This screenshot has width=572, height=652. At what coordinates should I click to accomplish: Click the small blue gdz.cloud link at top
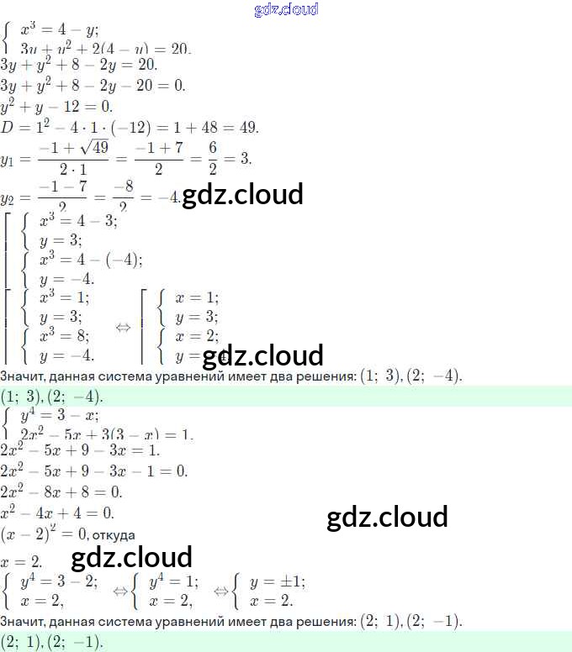(286, 9)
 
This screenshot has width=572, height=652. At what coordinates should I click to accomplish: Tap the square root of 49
(93, 148)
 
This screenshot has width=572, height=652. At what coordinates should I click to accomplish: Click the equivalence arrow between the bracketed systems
(123, 327)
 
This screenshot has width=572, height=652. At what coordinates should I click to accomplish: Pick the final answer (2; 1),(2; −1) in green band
(52, 642)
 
